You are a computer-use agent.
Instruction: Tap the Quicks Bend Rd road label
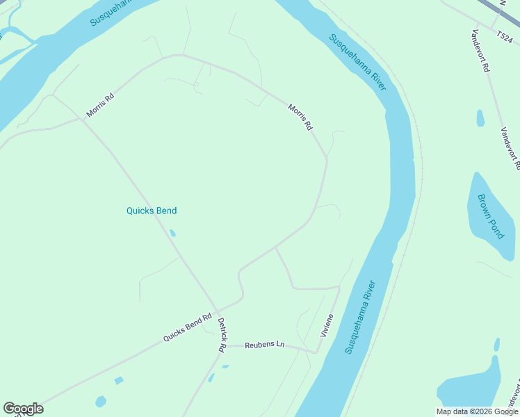pyautogui.click(x=187, y=328)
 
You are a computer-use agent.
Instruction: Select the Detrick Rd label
pyautogui.click(x=221, y=335)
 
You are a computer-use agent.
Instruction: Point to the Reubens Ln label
pyautogui.click(x=265, y=344)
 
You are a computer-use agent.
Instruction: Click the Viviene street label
pyautogui.click(x=327, y=325)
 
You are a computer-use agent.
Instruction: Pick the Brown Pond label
pyautogui.click(x=491, y=216)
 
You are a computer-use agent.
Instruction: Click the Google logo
pyautogui.click(x=23, y=409)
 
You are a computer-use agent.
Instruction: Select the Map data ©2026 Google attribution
pyautogui.click(x=477, y=411)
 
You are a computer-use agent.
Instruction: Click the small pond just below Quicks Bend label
pyautogui.click(x=172, y=234)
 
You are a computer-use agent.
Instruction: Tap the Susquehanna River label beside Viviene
pyautogui.click(x=360, y=317)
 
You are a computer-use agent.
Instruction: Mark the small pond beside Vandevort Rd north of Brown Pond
pyautogui.click(x=480, y=118)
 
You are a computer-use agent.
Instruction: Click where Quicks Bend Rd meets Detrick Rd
pyautogui.click(x=218, y=311)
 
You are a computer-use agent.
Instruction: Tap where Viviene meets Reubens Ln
pyautogui.click(x=316, y=352)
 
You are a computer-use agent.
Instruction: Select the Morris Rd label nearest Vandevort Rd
pyautogui.click(x=300, y=117)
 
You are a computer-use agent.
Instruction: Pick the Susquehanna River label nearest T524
pyautogui.click(x=358, y=63)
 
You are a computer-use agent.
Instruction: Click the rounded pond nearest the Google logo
pyautogui.click(x=101, y=402)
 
